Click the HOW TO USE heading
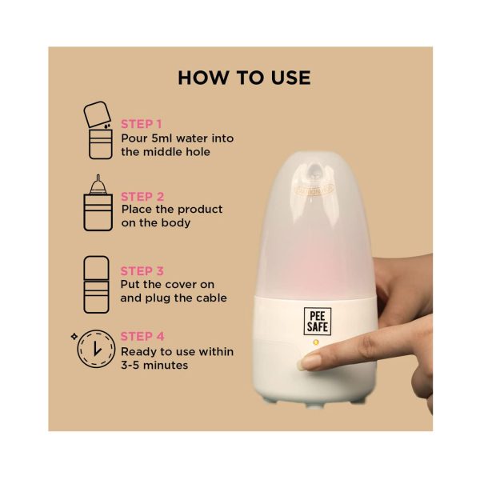(x=244, y=78)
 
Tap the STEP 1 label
(x=141, y=124)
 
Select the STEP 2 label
(x=142, y=197)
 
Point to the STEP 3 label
(x=142, y=271)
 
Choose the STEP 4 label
(x=142, y=337)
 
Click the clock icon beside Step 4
(x=96, y=349)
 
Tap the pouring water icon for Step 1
(x=98, y=130)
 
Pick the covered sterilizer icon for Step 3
(x=96, y=284)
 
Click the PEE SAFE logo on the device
(x=318, y=321)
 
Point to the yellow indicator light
(x=316, y=342)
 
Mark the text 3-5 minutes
(x=154, y=365)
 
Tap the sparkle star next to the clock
(x=74, y=337)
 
